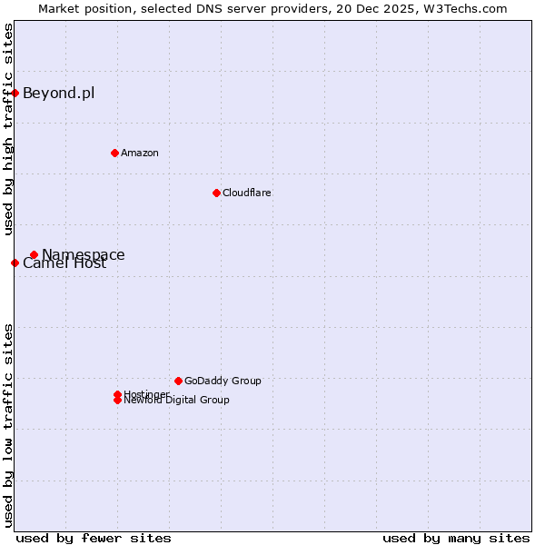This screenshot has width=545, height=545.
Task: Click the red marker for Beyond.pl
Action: tap(15, 93)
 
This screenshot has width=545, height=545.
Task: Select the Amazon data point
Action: tap(114, 153)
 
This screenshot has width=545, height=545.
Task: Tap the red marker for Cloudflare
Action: tap(216, 193)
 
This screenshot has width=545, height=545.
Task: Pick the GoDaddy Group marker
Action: tap(178, 381)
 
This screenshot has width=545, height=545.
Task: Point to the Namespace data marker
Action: tap(34, 255)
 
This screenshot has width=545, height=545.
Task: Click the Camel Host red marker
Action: tap(15, 263)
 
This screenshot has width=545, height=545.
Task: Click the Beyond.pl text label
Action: tap(58, 93)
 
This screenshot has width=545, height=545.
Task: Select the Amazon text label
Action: tap(139, 153)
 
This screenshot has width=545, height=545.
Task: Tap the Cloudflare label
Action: tap(246, 193)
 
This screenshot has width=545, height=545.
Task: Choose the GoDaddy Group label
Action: tap(223, 381)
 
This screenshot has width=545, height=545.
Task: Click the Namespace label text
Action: tap(84, 254)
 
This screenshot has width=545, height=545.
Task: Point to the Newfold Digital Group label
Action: tap(176, 401)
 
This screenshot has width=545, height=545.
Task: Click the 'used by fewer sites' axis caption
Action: tap(94, 538)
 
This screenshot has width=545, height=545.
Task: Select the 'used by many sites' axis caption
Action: tap(456, 538)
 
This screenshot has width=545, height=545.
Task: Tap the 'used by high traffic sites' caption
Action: tap(8, 129)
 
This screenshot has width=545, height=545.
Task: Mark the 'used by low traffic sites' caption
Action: tap(8, 425)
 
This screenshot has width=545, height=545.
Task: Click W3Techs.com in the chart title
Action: tap(463, 8)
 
